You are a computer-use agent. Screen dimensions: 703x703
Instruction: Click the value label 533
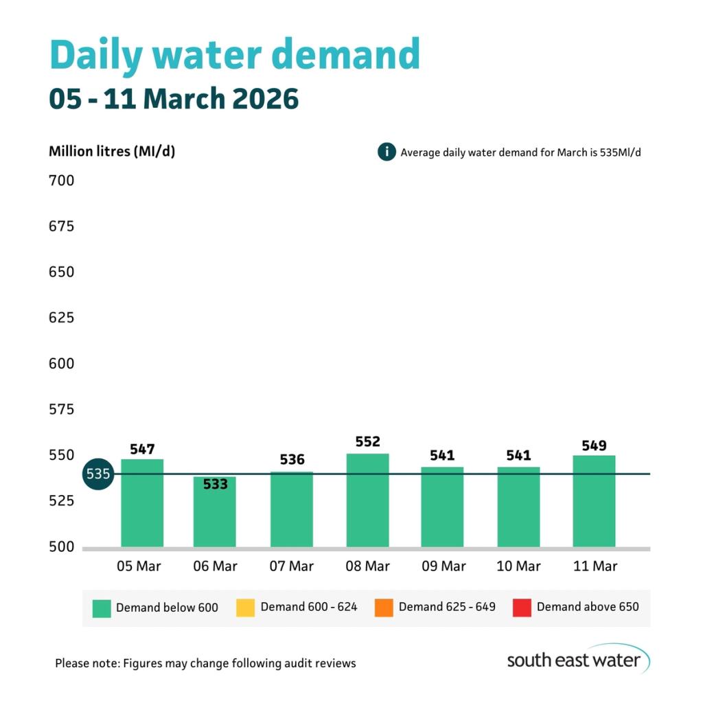click(x=215, y=484)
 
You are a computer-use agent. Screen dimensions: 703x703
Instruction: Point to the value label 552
click(x=367, y=441)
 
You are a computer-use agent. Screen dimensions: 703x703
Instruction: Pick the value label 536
click(x=292, y=459)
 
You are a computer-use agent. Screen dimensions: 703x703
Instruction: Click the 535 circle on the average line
click(x=98, y=474)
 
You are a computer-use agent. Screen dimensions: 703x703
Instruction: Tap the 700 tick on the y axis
click(x=61, y=181)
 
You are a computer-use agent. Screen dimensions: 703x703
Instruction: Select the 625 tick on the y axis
click(x=61, y=318)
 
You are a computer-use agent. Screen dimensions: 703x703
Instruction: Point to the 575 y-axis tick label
click(x=61, y=410)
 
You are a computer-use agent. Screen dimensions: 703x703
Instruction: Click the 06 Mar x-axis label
click(x=215, y=566)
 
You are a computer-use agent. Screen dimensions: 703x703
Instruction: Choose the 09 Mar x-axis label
click(x=443, y=566)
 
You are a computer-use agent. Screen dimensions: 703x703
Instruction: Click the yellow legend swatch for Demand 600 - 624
click(x=245, y=608)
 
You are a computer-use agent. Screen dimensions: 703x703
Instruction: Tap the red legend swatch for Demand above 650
click(x=522, y=608)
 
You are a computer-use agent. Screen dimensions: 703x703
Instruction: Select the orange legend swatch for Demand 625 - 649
click(x=384, y=608)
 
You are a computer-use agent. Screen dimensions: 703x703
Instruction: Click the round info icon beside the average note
click(x=387, y=152)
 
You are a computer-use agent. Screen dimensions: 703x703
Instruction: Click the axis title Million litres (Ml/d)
click(x=112, y=152)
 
